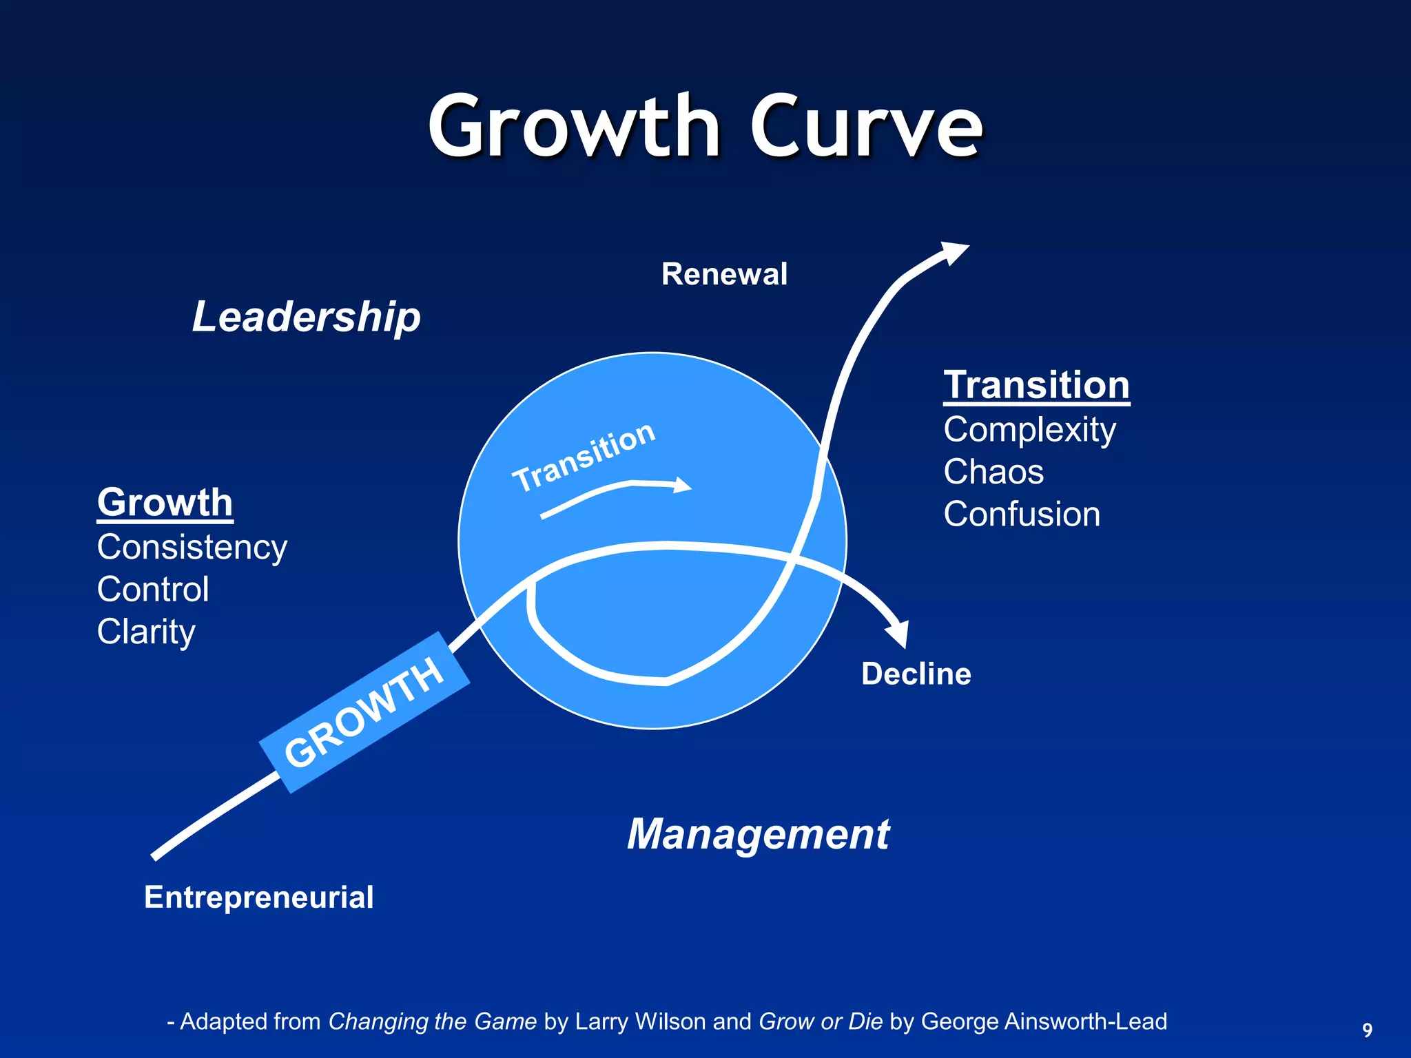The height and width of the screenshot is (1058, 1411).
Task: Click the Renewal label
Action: pos(724,274)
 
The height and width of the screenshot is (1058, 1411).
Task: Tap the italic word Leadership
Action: pos(306,317)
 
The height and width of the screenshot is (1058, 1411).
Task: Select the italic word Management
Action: pos(758,834)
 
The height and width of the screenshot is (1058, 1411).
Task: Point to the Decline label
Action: pos(916,674)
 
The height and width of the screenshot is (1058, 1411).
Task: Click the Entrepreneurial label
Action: pos(258,897)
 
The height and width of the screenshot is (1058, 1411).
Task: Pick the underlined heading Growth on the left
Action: pos(165,502)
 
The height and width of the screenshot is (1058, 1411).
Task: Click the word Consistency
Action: pos(192,548)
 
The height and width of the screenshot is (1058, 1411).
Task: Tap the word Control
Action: pos(153,590)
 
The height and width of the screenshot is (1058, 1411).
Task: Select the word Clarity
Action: pos(146,632)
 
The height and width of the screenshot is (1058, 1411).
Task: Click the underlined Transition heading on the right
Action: pos(1036,384)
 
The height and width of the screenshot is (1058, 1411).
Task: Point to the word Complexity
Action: pos(1029,430)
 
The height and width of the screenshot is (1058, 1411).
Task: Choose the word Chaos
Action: pos(993,472)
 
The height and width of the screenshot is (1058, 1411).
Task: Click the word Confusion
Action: pos(1022,514)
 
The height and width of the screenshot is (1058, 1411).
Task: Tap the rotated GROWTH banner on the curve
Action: pos(364,712)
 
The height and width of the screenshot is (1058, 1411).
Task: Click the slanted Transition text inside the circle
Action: pos(584,456)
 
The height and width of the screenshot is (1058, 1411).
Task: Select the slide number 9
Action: pos(1368,1030)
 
